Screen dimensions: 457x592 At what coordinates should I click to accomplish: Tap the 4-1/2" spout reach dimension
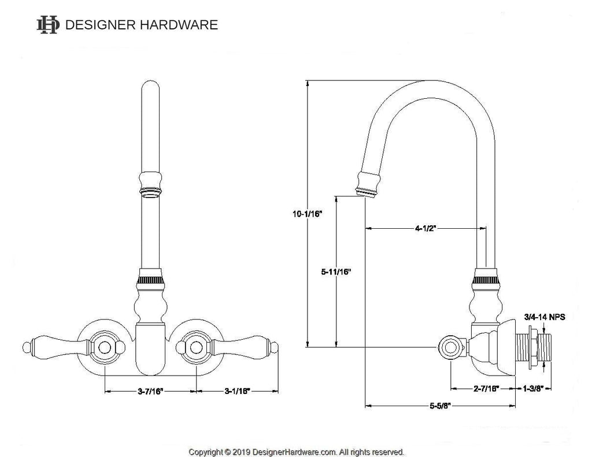click(x=424, y=228)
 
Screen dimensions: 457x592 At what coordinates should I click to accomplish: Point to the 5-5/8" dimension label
click(x=440, y=406)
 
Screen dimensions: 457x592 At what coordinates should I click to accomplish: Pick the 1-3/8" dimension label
click(x=533, y=389)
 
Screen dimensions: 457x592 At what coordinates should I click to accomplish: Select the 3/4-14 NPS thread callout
click(x=544, y=317)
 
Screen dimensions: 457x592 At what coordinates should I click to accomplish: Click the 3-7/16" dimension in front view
click(x=150, y=391)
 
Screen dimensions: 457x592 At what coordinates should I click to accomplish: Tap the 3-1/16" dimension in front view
click(x=237, y=391)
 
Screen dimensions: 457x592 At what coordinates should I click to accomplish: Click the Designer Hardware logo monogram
click(x=47, y=25)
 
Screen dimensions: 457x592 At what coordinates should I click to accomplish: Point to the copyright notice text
click(x=297, y=452)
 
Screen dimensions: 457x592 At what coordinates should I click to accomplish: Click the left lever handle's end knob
click(x=25, y=347)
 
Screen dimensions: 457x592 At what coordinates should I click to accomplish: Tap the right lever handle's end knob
click(x=275, y=347)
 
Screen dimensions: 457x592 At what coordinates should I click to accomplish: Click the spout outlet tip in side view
click(x=367, y=192)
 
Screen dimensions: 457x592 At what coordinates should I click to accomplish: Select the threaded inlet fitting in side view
click(x=535, y=347)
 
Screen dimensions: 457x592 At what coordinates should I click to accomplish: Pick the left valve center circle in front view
click(x=106, y=347)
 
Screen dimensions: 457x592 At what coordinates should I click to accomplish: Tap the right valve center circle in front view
click(x=195, y=347)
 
